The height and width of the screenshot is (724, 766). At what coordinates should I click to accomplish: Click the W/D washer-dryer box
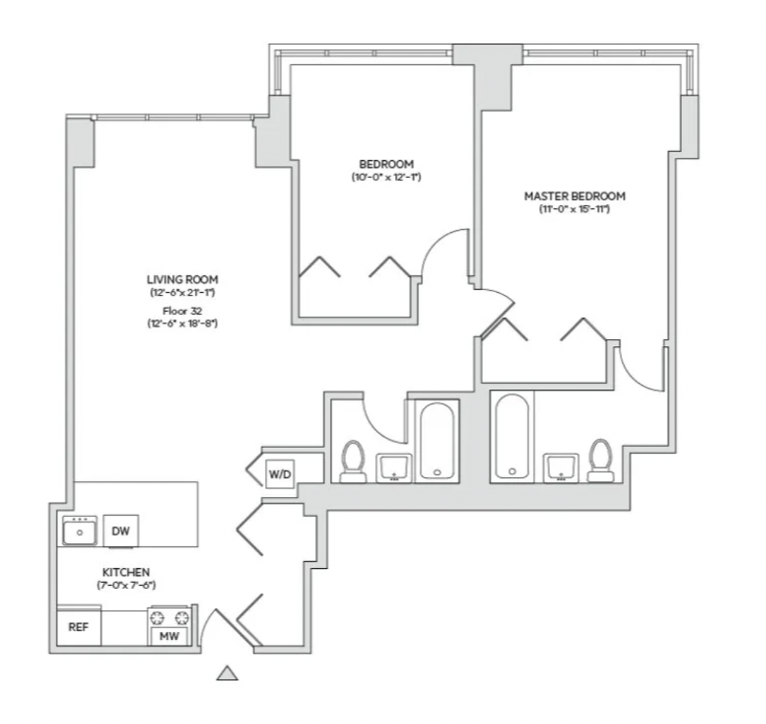(280, 474)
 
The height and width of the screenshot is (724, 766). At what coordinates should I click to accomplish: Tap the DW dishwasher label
(121, 531)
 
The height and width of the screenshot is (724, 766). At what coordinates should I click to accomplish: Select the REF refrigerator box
(79, 628)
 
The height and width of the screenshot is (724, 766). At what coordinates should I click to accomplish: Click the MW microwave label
(170, 636)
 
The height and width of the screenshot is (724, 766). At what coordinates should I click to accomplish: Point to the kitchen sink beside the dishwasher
(80, 530)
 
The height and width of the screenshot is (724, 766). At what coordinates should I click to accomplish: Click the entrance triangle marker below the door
(227, 673)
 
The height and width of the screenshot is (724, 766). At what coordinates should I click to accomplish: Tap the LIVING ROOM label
(182, 280)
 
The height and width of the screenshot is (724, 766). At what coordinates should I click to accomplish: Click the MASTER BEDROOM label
(574, 196)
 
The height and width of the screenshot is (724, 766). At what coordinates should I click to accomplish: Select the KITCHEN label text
(126, 572)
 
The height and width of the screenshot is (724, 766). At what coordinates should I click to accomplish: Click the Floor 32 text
(182, 311)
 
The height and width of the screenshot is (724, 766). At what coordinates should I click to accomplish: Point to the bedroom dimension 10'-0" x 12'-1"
(386, 177)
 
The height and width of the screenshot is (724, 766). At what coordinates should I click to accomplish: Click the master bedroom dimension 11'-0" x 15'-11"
(574, 209)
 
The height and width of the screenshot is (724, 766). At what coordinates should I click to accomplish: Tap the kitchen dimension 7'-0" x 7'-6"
(126, 585)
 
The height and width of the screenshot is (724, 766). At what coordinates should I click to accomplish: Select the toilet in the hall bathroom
(353, 462)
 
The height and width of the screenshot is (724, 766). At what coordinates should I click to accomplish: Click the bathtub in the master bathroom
(512, 436)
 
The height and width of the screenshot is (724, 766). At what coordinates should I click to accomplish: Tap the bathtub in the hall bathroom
(438, 441)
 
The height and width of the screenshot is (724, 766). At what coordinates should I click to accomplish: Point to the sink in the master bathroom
(561, 468)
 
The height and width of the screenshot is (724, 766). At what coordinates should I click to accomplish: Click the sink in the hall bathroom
(393, 468)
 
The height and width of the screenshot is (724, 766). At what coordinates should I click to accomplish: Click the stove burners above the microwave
(170, 618)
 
